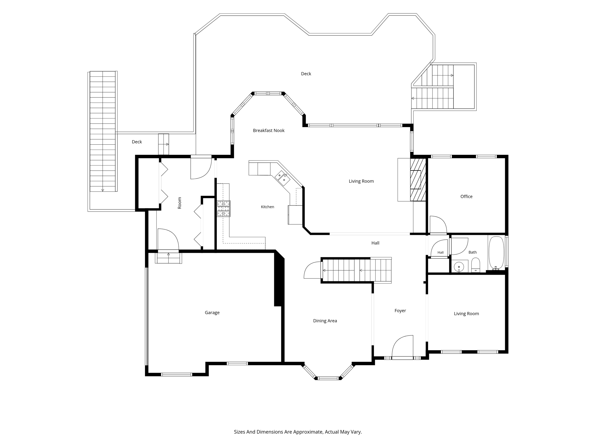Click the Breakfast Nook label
click(269, 130)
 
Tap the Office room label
click(466, 196)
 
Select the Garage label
click(212, 313)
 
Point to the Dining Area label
click(325, 321)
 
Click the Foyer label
click(400, 311)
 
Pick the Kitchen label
click(267, 207)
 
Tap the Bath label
click(473, 252)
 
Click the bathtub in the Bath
click(496, 252)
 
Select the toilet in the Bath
click(476, 265)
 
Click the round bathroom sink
click(459, 266)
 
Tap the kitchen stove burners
click(223, 208)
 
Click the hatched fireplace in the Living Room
click(418, 180)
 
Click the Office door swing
click(438, 225)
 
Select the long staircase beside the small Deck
click(102, 131)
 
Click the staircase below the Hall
click(356, 270)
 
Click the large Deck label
click(306, 74)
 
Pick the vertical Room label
click(179, 203)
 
